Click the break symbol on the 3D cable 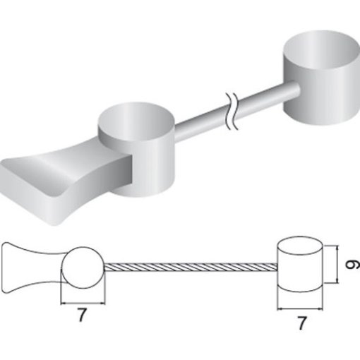[232, 111]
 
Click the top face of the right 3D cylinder [321, 50]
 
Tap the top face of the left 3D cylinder [136, 122]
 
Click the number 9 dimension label [352, 264]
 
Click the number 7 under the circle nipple [82, 315]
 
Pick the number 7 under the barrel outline [302, 323]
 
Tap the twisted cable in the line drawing [191, 267]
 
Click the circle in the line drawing [82, 268]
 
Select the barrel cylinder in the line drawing [300, 264]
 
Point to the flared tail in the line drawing [33, 268]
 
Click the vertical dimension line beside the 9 [338, 264]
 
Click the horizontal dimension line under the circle [83, 304]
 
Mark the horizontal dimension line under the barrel [300, 309]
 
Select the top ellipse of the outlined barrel [300, 246]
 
